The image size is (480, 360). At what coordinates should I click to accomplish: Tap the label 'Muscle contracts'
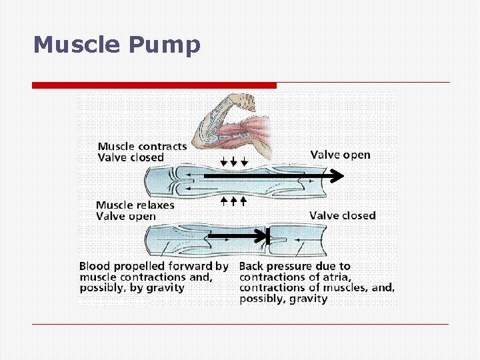142,146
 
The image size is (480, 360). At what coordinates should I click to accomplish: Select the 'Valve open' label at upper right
340,155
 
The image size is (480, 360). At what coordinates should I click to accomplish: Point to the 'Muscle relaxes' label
135,205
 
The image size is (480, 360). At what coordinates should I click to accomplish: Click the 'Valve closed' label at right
343,215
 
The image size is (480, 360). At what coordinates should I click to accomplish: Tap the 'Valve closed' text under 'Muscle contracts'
131,157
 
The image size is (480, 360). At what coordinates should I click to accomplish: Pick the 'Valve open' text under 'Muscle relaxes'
126,216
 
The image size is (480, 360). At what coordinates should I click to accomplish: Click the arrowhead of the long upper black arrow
336,176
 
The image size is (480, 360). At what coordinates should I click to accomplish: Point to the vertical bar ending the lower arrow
267,236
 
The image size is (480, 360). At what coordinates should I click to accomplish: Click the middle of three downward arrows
234,162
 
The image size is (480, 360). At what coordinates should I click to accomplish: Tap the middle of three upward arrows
233,199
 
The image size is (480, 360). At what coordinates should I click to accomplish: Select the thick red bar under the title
154,85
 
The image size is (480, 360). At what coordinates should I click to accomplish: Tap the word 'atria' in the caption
336,277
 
